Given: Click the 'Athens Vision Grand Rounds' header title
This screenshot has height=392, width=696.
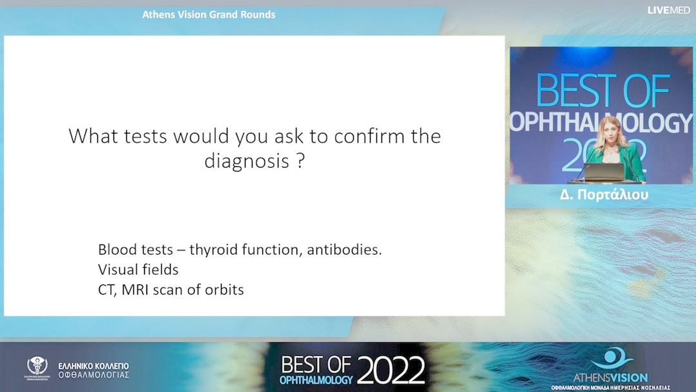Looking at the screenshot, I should tap(209, 15).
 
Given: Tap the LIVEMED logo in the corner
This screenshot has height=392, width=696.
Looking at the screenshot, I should tap(668, 10).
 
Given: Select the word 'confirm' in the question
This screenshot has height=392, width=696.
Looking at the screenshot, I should tap(353, 137).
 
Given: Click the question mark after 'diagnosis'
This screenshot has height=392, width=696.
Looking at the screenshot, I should tap(300, 160).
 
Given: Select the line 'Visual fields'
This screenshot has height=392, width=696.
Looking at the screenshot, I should tap(138, 269).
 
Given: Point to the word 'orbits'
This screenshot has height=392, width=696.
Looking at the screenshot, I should tap(224, 289).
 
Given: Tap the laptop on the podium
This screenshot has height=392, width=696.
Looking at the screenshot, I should tap(605, 171).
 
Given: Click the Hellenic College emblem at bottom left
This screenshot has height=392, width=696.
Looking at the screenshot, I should tap(37, 367).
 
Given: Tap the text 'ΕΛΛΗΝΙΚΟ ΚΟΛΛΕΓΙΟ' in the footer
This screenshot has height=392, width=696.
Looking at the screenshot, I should tap(93, 366).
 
